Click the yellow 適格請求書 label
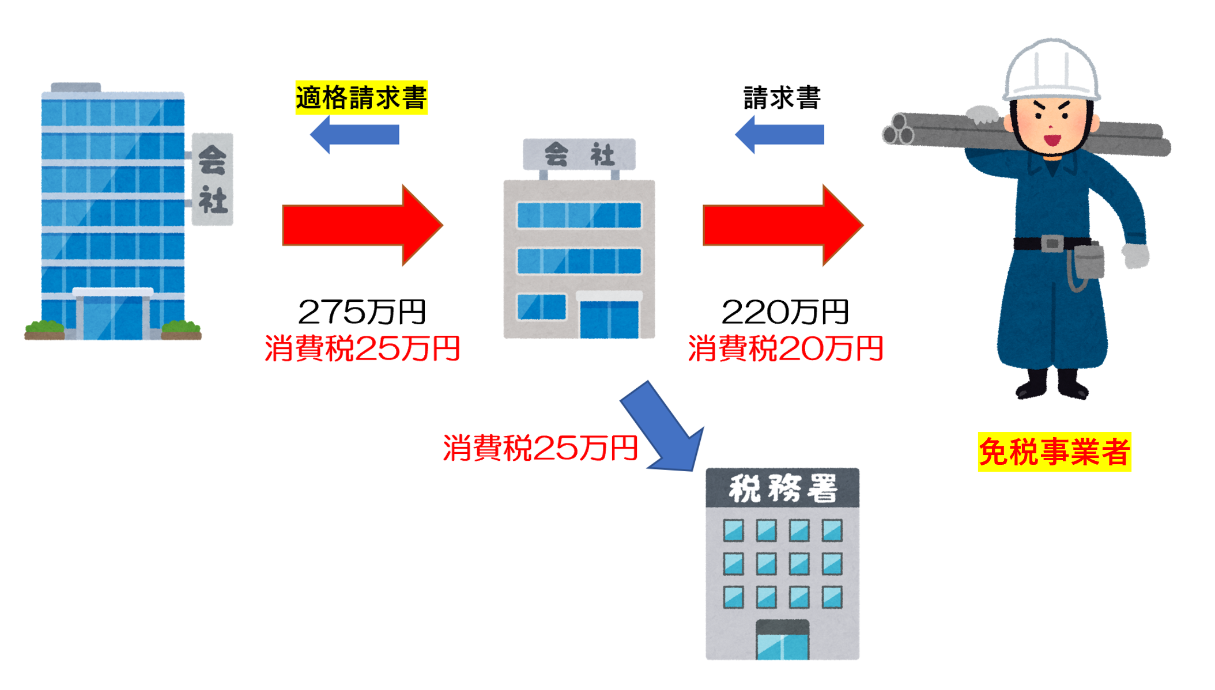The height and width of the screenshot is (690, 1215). coord(361,97)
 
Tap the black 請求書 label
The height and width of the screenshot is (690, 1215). coord(782,97)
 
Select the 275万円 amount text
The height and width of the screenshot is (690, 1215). coord(362,312)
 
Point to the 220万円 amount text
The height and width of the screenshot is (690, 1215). coord(785,312)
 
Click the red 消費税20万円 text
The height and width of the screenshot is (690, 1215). coord(785,349)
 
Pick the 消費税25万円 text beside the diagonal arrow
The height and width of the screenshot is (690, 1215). coord(540,448)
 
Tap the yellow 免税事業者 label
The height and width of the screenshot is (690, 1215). coord(1054,452)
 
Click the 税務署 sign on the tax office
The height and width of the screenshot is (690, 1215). coord(782,488)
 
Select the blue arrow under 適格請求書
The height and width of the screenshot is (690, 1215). coord(355,135)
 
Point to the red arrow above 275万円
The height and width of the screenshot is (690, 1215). coord(362,225)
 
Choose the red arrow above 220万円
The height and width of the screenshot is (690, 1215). coord(783,225)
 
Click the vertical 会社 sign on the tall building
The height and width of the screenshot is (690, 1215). coord(212,179)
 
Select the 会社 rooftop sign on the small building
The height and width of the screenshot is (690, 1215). coord(579,154)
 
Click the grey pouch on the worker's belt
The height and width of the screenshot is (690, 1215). coord(1088,261)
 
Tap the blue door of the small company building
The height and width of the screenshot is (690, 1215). coord(609,319)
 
